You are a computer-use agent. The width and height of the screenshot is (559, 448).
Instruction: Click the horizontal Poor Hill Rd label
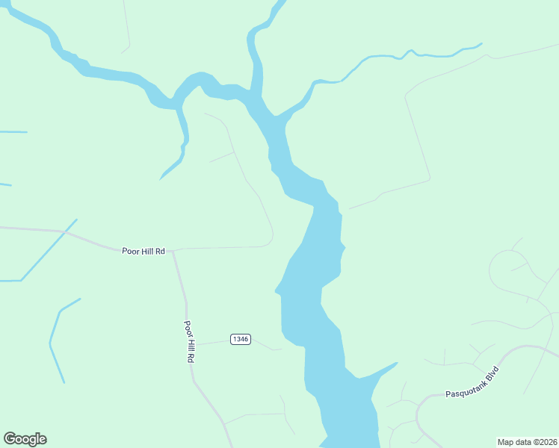(x=143, y=252)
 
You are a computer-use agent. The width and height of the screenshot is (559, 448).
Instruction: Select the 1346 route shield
(x=240, y=339)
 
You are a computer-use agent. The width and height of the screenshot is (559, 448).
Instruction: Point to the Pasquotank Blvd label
(x=472, y=382)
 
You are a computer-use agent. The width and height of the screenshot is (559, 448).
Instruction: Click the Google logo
(x=25, y=439)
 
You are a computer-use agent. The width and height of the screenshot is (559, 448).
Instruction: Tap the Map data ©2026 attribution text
(x=527, y=441)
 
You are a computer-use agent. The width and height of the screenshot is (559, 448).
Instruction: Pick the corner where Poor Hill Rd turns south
(x=173, y=251)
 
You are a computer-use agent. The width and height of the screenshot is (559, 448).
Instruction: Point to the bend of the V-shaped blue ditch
(x=50, y=344)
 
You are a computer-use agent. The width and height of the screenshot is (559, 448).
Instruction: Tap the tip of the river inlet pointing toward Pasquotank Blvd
(x=397, y=364)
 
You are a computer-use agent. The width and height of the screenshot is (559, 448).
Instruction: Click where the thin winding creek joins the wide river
(x=278, y=116)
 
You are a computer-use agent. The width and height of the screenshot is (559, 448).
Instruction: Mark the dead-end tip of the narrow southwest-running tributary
(x=160, y=179)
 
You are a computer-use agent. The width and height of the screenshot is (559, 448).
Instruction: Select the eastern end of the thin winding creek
(x=481, y=43)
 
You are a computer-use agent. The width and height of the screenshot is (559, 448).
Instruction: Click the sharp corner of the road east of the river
(x=430, y=178)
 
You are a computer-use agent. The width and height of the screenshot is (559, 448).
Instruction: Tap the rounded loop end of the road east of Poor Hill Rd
(x=272, y=237)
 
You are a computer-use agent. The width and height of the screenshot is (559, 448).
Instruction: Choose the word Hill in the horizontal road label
(x=146, y=252)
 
